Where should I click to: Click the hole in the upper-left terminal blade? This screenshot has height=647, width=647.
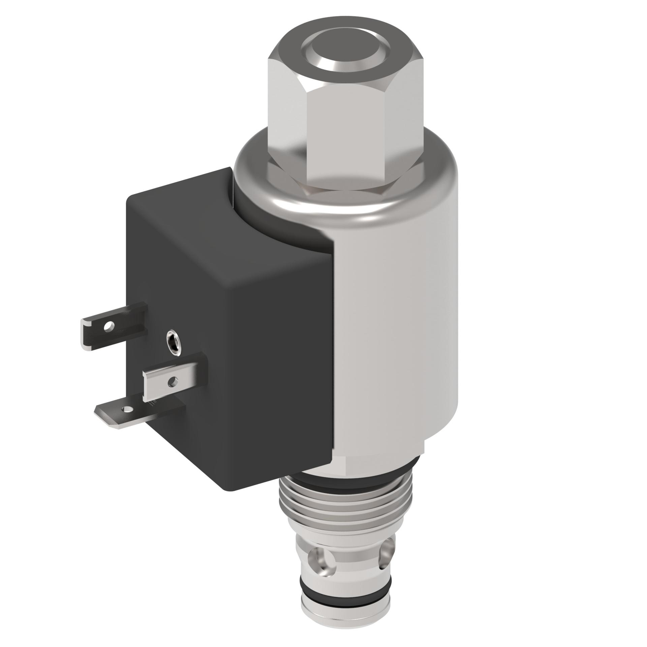pyautogui.click(x=108, y=326)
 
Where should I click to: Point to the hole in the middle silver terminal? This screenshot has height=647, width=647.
pyautogui.click(x=174, y=382)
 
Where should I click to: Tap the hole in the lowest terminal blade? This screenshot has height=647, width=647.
pyautogui.click(x=127, y=409)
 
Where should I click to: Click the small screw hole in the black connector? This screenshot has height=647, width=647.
pyautogui.click(x=174, y=342)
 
